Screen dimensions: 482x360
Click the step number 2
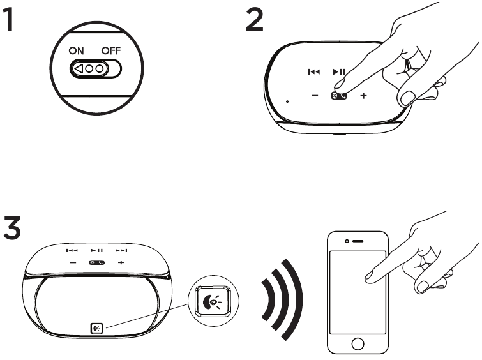[x=255, y=19]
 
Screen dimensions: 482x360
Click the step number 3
[x=12, y=227]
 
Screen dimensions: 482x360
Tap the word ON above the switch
[x=76, y=50]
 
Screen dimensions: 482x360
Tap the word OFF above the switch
[x=111, y=50]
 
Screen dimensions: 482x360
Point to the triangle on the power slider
[x=79, y=68]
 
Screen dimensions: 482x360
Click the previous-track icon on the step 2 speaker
[x=314, y=72]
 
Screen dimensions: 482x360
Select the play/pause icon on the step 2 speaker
[x=339, y=72]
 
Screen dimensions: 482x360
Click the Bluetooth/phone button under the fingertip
[x=339, y=96]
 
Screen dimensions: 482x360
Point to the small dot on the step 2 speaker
[x=287, y=101]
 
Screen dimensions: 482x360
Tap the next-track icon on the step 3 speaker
[x=121, y=251]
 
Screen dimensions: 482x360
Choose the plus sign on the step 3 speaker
[x=121, y=262]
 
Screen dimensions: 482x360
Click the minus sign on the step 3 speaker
[x=73, y=263]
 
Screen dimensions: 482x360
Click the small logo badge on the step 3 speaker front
[x=96, y=328]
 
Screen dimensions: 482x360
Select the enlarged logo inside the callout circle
[x=213, y=301]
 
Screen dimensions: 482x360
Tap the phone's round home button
[x=358, y=343]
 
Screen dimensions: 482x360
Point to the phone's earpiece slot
[x=358, y=241]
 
